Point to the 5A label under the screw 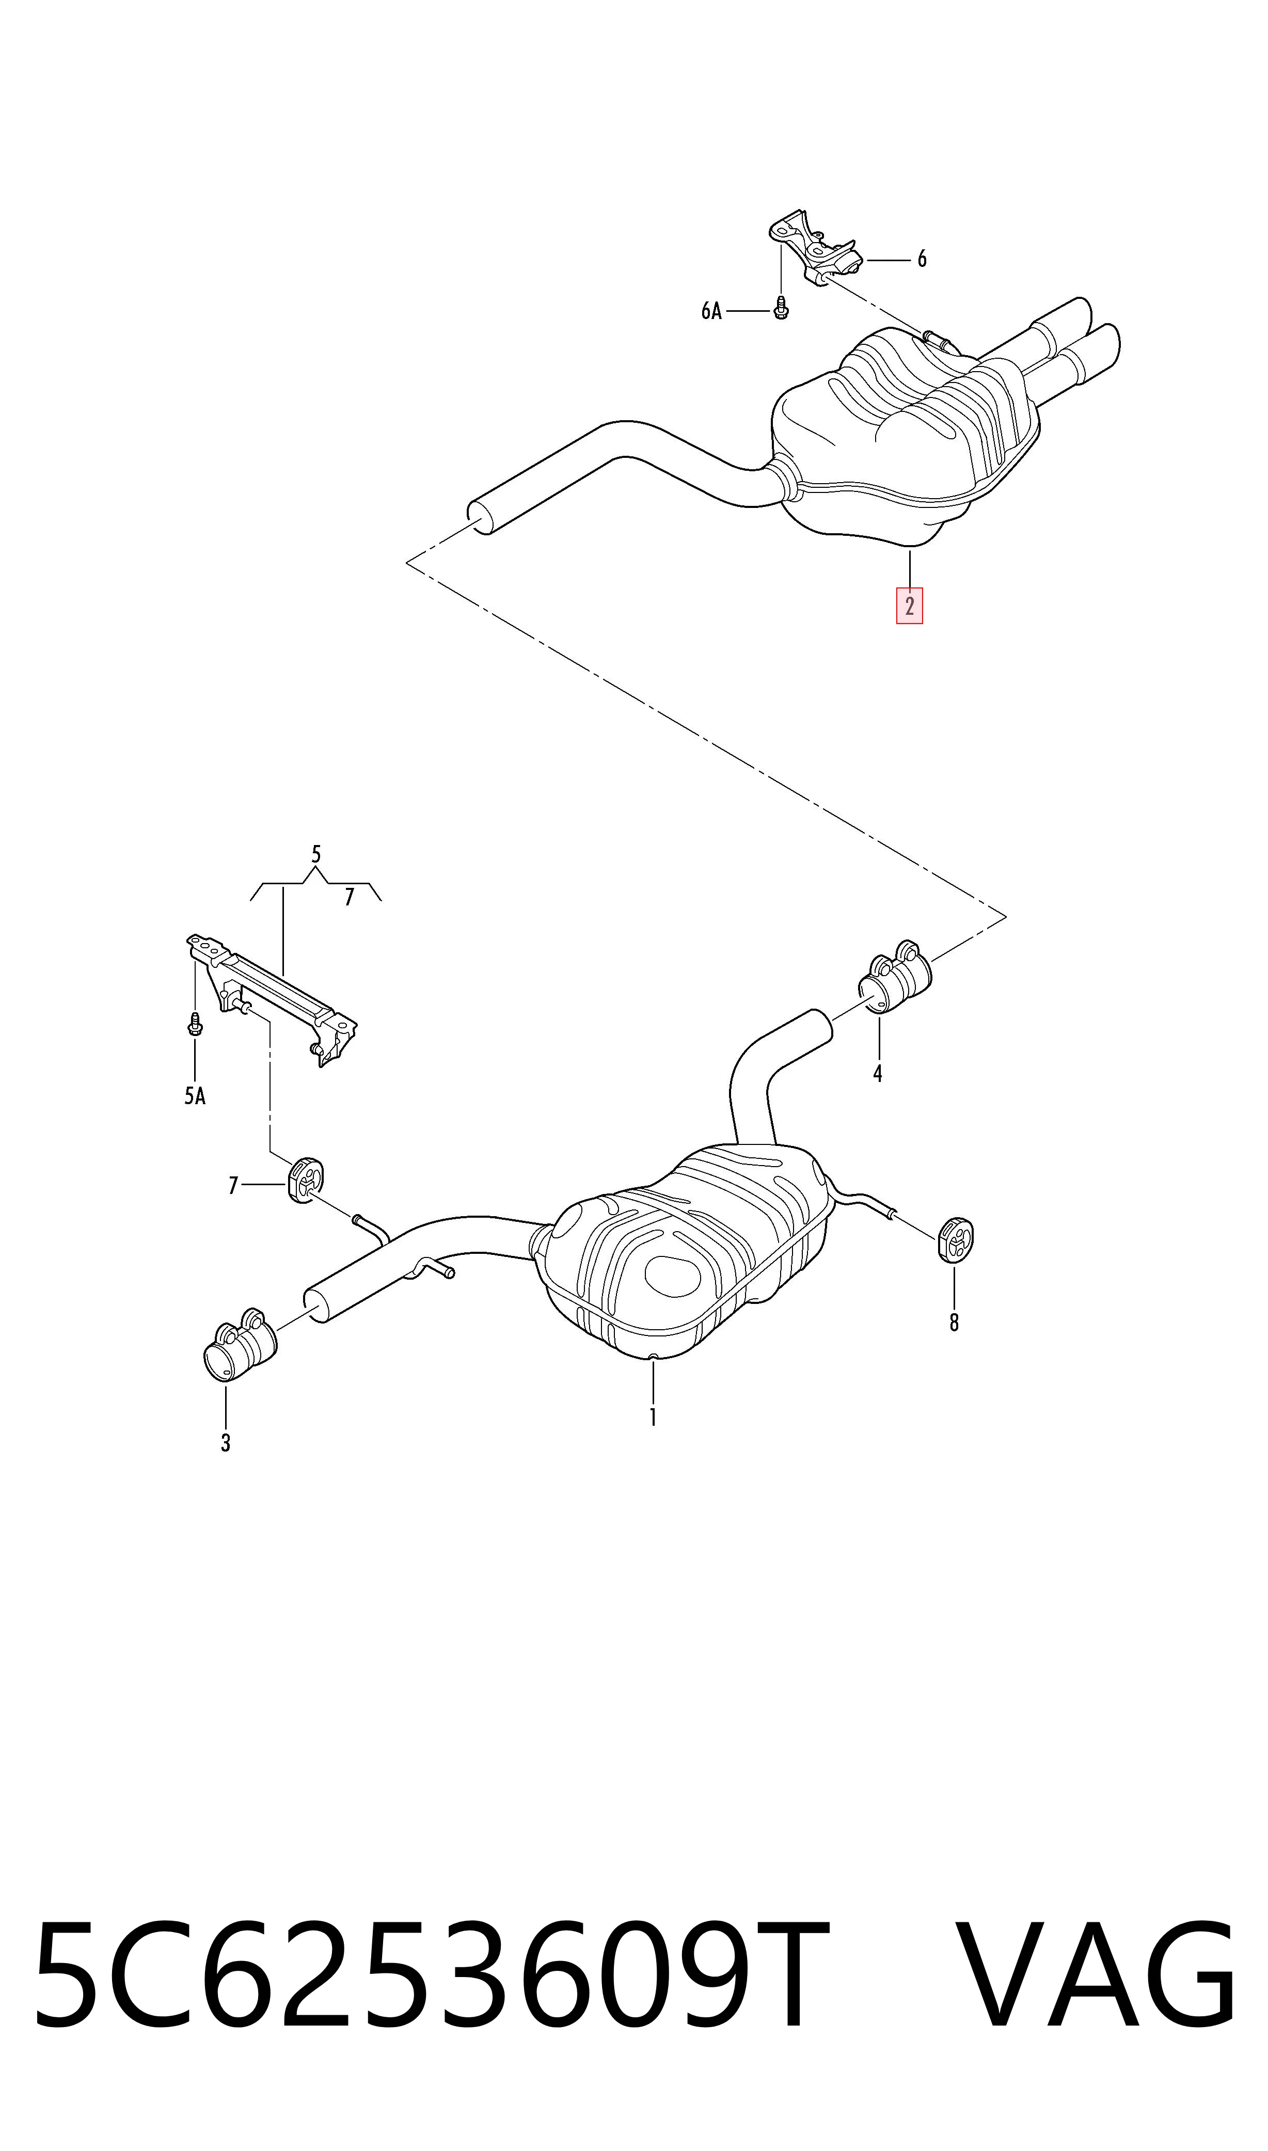point(195,1096)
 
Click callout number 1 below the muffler point(653,1417)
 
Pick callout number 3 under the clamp point(226,1443)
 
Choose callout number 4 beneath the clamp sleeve point(878,1074)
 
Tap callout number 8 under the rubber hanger point(955,1323)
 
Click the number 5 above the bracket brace point(316,854)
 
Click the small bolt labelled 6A point(780,308)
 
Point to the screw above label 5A point(195,1024)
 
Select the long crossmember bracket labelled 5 point(272,998)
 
